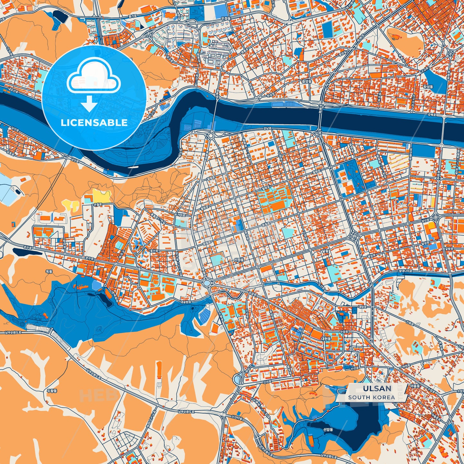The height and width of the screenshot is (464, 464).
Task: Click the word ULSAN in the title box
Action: click(x=377, y=389)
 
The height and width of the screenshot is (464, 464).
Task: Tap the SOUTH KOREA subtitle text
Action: click(x=372, y=397)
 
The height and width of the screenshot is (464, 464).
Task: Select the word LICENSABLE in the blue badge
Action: click(x=94, y=122)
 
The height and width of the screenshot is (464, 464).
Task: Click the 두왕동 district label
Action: click(x=52, y=391)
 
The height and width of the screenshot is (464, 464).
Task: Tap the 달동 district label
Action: click(x=326, y=251)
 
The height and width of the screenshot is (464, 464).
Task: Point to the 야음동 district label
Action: click(x=415, y=386)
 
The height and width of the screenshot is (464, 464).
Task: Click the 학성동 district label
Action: click(x=428, y=87)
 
